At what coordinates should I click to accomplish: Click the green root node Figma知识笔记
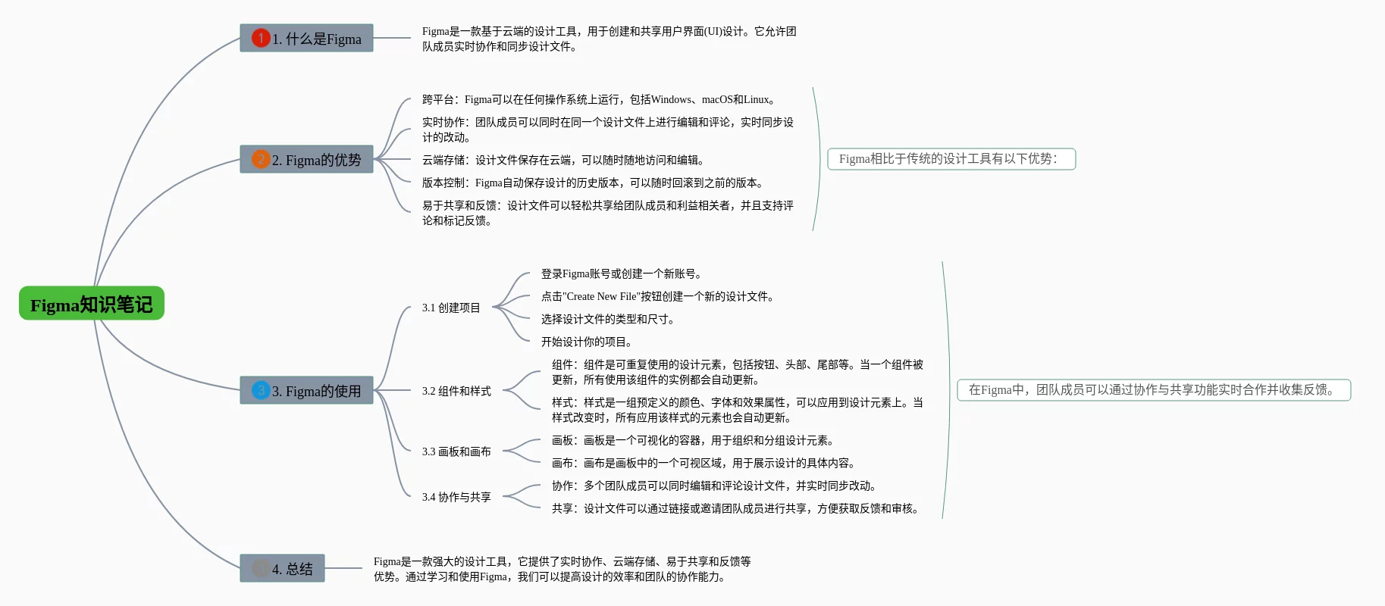tap(91, 304)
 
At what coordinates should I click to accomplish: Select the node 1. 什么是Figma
tap(306, 38)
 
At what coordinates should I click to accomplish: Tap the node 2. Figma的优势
tap(306, 159)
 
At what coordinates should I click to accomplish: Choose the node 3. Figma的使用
tap(306, 390)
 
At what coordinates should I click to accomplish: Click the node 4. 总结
tap(282, 568)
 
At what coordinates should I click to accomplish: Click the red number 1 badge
tap(261, 38)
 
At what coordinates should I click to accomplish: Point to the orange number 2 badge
tap(261, 159)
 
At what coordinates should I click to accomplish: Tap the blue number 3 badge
tap(261, 390)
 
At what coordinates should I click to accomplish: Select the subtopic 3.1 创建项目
tap(451, 308)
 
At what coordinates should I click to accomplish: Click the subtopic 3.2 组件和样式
tap(456, 391)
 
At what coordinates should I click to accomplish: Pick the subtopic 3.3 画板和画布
tap(456, 451)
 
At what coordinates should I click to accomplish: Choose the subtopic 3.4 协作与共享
tap(456, 497)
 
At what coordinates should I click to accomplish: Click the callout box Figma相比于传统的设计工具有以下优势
tap(951, 159)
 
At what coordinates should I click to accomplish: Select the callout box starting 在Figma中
tap(1153, 390)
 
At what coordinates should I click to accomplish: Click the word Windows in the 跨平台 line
tap(671, 99)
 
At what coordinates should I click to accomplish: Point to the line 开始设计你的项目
tap(587, 342)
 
